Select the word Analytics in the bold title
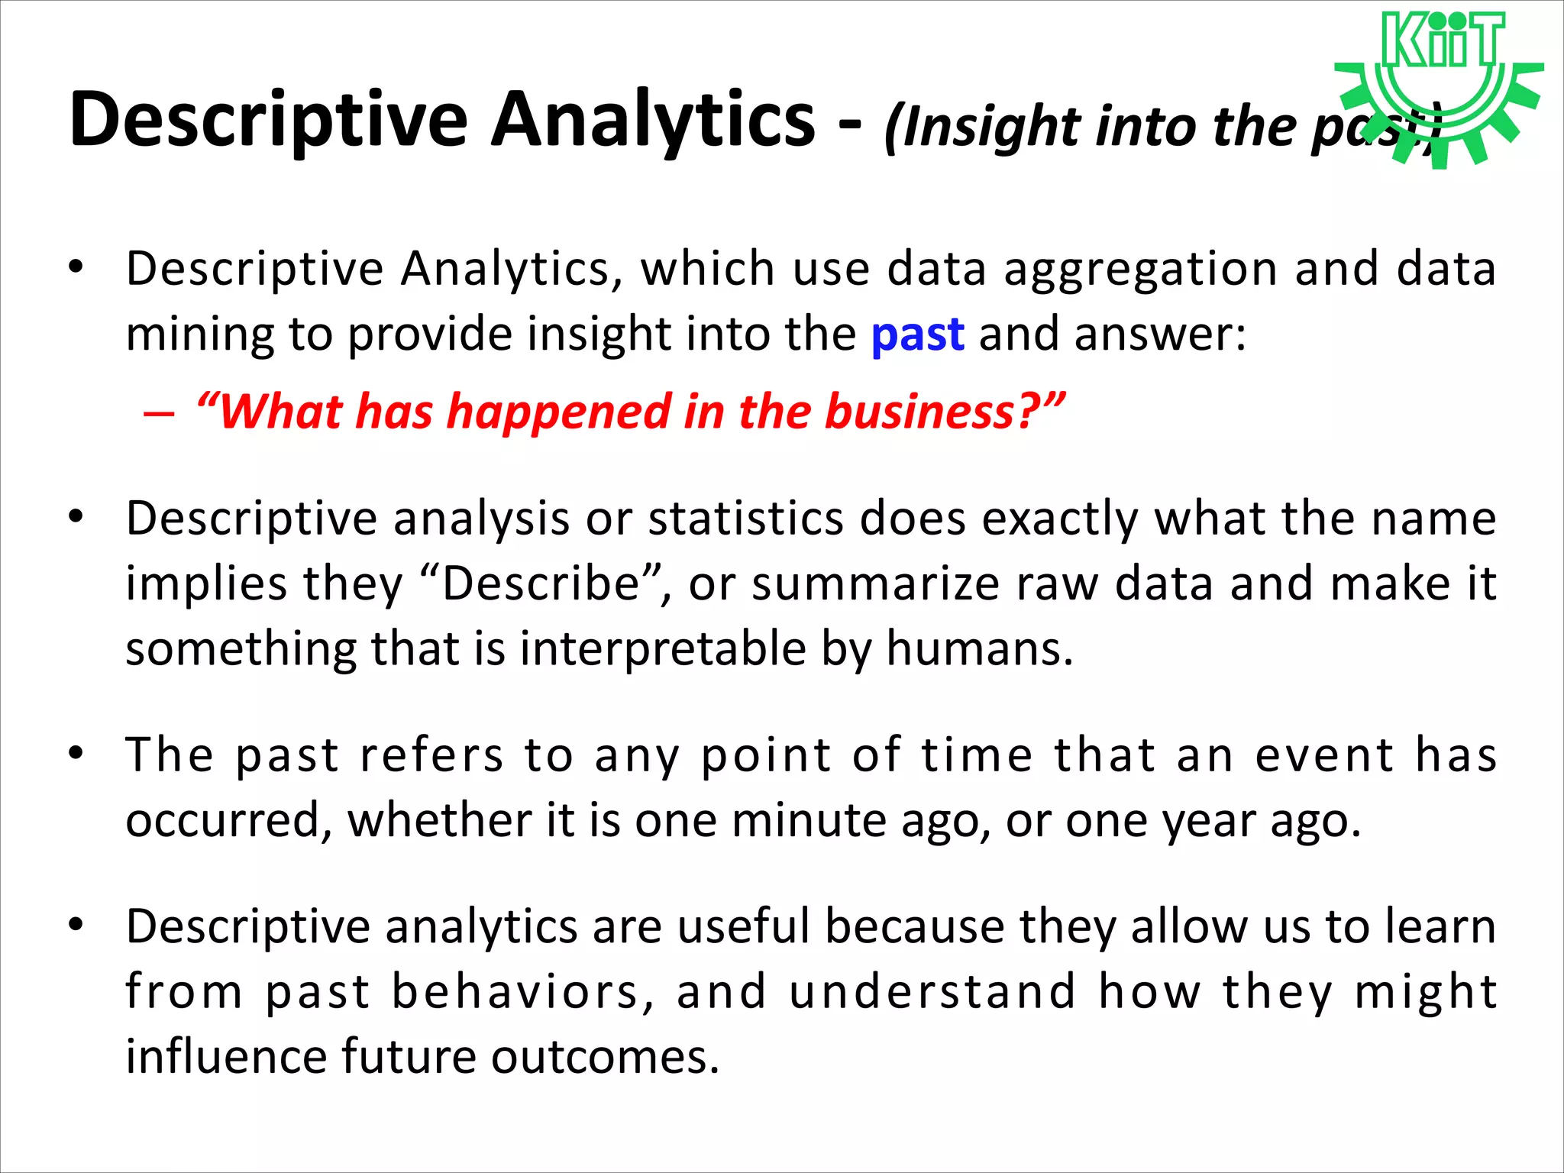click(x=653, y=120)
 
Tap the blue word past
click(x=917, y=334)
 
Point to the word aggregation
click(x=1141, y=269)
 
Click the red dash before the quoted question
click(x=159, y=414)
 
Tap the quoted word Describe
click(x=541, y=584)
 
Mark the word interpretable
click(x=663, y=649)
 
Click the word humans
click(x=979, y=649)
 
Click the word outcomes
click(x=605, y=1057)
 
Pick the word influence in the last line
click(x=225, y=1057)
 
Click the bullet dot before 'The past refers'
click(x=75, y=754)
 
